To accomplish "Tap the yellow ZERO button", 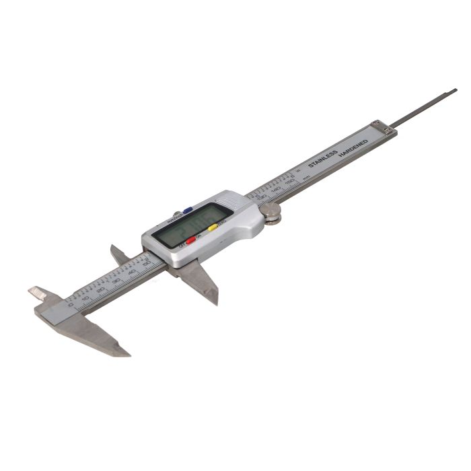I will click(x=213, y=227).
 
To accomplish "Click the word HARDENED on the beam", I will click(x=353, y=149).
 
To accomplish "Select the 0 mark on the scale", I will click(x=72, y=305).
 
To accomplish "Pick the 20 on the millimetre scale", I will click(x=101, y=289).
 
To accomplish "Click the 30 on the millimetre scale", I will click(x=116, y=281).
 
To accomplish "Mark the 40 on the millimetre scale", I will click(x=132, y=273).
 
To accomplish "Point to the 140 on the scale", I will click(x=276, y=191).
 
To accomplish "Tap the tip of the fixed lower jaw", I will click(x=126, y=352).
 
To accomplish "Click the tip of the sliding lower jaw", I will click(x=215, y=301).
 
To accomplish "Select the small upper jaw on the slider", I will click(x=119, y=253).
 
